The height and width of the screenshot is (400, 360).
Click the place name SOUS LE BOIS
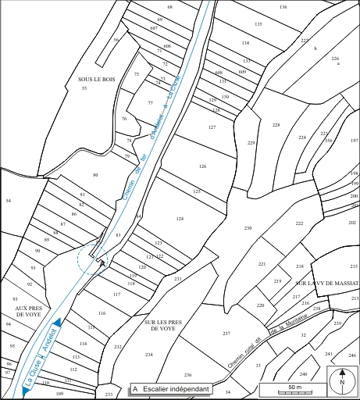pos(95,79)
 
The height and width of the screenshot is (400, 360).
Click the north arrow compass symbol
pos(341,382)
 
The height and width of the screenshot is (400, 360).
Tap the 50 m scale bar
pos(294,388)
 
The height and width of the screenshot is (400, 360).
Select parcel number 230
pos(248,227)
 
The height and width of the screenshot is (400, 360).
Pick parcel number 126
pos(202,166)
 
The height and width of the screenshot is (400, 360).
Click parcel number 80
pos(95,175)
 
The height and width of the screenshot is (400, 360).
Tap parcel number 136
pos(283,6)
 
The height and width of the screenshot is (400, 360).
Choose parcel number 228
pos(276,125)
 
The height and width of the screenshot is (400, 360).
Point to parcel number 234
pos(148,355)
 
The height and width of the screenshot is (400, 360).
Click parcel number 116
pos(102,312)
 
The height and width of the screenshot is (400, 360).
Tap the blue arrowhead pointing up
pos(57,323)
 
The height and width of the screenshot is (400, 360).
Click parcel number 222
pos(299,223)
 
